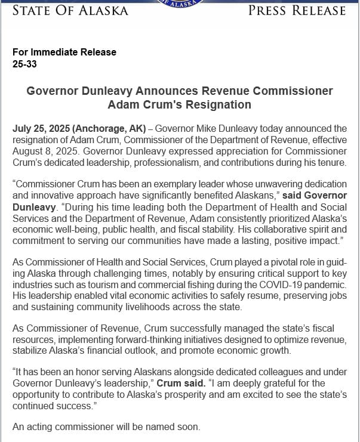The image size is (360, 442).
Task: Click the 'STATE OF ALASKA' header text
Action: [70, 10]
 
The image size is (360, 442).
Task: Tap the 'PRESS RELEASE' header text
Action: [297, 10]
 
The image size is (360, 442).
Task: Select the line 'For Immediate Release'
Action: [64, 52]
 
